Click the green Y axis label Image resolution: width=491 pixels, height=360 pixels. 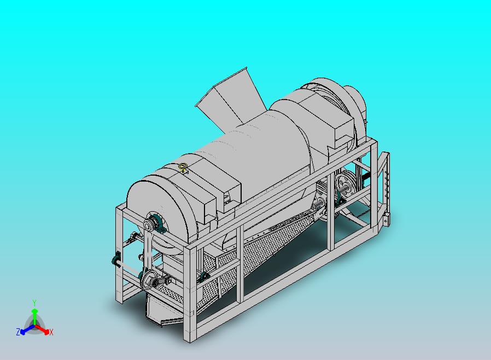point(34,303)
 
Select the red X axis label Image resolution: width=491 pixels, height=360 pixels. point(51,332)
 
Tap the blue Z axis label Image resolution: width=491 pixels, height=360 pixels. point(18,332)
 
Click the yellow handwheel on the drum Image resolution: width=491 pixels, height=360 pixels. point(183,167)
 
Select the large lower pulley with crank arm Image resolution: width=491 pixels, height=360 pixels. point(148,280)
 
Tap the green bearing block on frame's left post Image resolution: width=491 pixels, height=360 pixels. point(116,260)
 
